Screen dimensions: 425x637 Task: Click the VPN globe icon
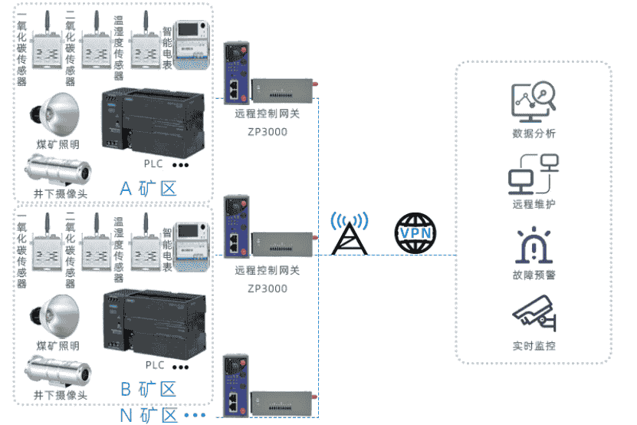coord(414,232)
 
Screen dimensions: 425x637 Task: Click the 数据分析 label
coord(534,133)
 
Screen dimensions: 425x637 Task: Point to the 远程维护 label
coord(534,204)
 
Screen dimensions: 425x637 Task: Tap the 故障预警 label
coord(534,275)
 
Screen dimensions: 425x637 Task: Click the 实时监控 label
coord(534,346)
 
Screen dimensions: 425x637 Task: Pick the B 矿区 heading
coord(148,389)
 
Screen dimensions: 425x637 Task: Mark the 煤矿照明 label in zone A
coord(57,144)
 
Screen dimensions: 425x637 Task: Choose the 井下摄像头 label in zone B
coord(60,395)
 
